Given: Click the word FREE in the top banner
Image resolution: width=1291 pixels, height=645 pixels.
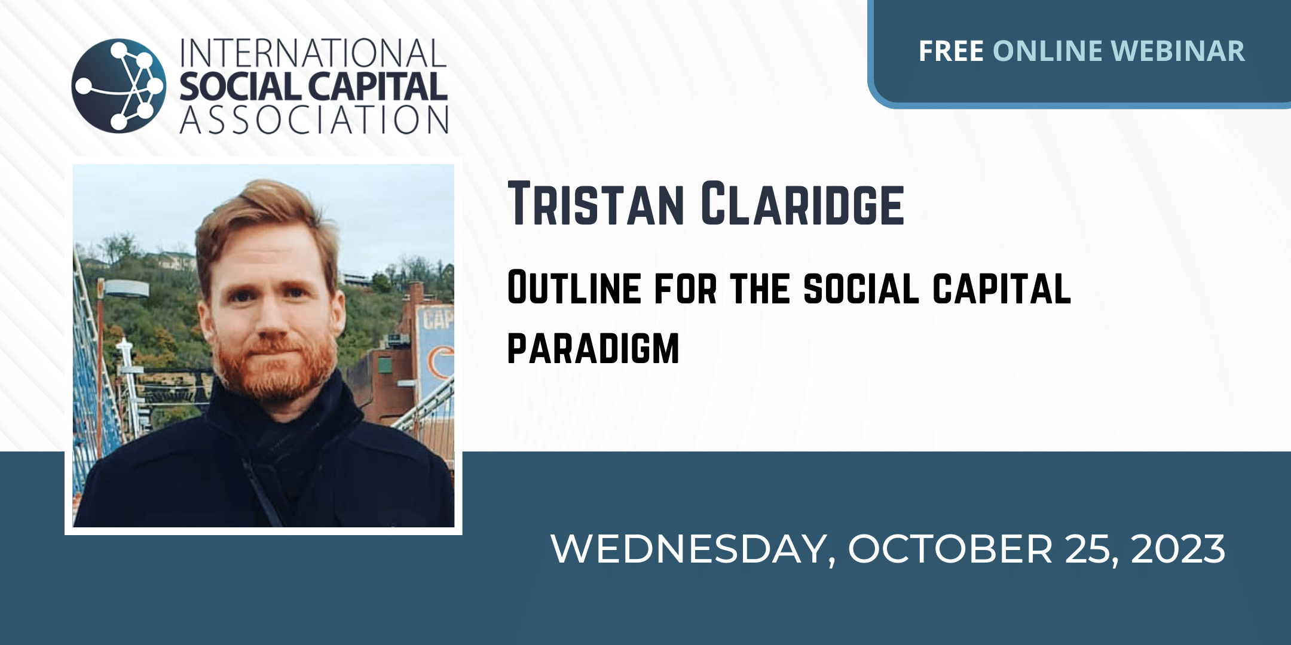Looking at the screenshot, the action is pyautogui.click(x=951, y=51).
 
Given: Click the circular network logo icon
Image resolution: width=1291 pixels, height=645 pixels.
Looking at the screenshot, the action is pyautogui.click(x=118, y=85).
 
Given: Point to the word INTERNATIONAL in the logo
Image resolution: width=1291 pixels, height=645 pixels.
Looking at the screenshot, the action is pyautogui.click(x=313, y=54).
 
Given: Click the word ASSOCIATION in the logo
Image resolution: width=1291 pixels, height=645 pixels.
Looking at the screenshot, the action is pyautogui.click(x=314, y=119).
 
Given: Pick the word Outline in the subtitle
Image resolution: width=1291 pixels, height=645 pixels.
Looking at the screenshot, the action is pyautogui.click(x=574, y=288).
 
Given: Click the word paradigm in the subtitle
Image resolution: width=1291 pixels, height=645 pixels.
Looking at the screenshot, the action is pyautogui.click(x=594, y=348).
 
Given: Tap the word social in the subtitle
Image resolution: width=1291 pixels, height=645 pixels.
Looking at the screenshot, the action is pyautogui.click(x=861, y=288).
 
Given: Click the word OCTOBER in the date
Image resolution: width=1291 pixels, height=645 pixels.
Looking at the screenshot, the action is pyautogui.click(x=950, y=549).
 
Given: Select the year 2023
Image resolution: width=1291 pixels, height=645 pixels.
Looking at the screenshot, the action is pyautogui.click(x=1177, y=549).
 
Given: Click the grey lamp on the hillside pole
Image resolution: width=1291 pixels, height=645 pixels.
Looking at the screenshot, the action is pyautogui.click(x=127, y=289).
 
